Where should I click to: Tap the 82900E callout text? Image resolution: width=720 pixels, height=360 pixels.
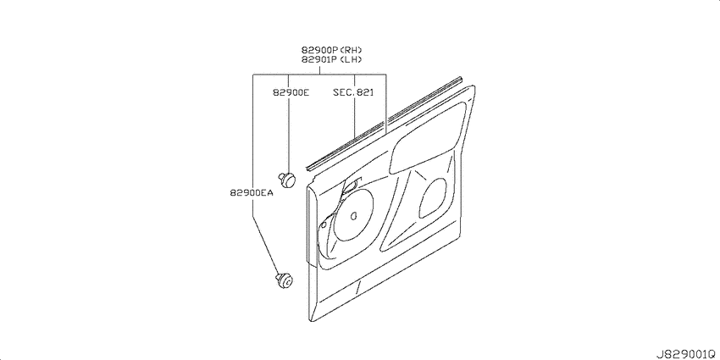[291, 92]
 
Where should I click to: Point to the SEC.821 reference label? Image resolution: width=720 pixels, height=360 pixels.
[353, 92]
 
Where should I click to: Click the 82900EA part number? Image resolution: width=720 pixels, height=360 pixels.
[252, 193]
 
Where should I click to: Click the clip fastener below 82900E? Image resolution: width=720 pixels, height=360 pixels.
[287, 179]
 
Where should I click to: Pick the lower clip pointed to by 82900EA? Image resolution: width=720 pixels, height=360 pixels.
[285, 280]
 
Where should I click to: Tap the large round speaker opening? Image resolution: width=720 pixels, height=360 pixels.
[353, 214]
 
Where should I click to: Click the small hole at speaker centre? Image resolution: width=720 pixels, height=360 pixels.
[353, 216]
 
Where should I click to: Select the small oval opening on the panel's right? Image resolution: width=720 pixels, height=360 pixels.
[433, 198]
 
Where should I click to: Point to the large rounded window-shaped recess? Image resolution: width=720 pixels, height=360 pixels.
[427, 138]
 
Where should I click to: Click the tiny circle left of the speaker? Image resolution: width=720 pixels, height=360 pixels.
[324, 224]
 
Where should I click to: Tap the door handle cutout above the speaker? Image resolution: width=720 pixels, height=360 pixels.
[352, 185]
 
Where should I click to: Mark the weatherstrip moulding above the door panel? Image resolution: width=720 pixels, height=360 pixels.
[384, 124]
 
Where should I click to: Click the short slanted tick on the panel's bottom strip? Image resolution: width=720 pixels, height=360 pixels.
[357, 287]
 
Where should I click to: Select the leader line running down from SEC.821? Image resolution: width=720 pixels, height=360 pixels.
[355, 117]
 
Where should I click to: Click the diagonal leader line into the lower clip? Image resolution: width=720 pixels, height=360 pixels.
[265, 246]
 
